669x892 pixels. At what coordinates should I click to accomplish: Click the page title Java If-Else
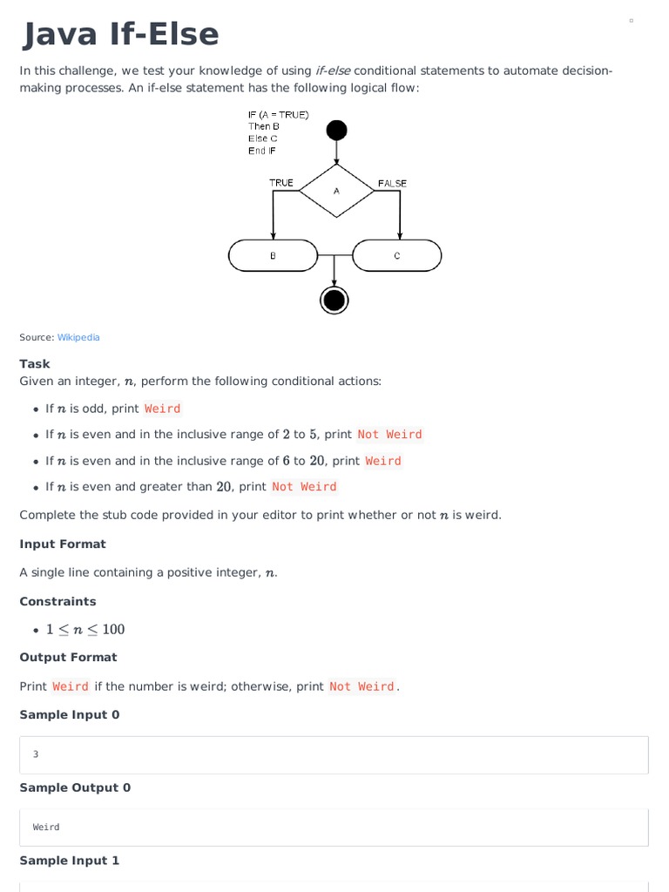[119, 35]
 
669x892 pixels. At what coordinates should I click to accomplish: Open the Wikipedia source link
[78, 337]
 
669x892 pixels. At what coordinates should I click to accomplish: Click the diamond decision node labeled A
[336, 191]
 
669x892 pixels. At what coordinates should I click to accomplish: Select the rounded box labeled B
[274, 256]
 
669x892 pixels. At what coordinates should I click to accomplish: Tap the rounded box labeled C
[397, 256]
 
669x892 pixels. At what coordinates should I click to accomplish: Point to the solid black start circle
[336, 131]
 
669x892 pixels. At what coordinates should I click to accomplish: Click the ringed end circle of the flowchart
[334, 300]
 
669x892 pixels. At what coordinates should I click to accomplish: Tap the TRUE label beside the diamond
[281, 183]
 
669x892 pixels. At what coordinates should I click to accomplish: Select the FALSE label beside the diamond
[392, 183]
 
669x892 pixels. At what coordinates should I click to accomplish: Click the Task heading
[35, 364]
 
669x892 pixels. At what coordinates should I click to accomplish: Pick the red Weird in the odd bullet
[163, 409]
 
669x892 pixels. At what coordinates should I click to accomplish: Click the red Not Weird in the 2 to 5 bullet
[389, 435]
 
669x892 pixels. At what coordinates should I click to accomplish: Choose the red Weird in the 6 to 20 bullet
[383, 461]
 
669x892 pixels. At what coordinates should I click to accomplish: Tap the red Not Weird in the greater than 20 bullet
[304, 487]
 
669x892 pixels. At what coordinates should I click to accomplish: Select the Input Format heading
[63, 544]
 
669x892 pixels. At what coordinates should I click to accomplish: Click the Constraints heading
[57, 602]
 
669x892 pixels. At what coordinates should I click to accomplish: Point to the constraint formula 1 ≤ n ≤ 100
[85, 630]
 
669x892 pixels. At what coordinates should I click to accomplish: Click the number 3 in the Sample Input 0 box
[36, 754]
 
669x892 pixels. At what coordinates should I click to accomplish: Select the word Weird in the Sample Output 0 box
[46, 828]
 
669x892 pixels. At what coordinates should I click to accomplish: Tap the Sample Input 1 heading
[70, 861]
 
